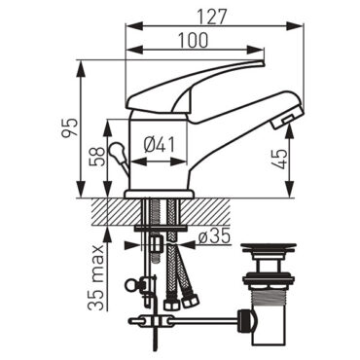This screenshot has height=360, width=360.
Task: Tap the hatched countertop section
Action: click(107, 207)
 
